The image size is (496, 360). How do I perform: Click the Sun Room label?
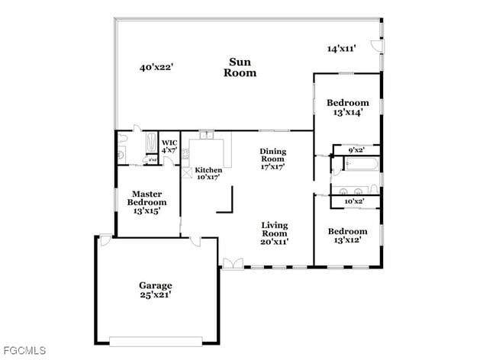pos(240,67)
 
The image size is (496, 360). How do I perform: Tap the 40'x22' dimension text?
pos(156,67)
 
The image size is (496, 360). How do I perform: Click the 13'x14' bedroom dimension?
pos(347,112)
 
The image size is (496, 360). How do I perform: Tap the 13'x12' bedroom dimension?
pos(347,240)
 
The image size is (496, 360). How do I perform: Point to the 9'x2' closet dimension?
pos(356,150)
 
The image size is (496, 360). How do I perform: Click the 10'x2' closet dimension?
pos(354,201)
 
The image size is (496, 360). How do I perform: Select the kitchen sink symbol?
pos(206,134)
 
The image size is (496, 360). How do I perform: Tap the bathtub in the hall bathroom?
pos(356,163)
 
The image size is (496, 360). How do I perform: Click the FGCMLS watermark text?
pos(24,350)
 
